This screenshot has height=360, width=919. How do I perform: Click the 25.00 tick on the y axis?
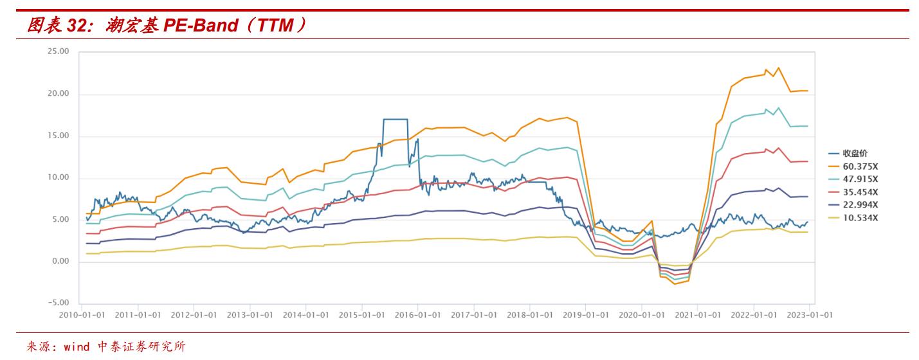click(59, 52)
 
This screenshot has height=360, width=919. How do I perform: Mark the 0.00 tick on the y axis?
click(60, 262)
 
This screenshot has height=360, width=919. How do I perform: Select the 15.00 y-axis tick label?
click(59, 136)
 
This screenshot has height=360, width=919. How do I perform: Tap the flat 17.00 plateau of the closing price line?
click(395, 119)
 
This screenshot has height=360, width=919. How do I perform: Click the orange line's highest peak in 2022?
click(779, 67)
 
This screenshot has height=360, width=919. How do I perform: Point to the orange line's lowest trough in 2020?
click(675, 283)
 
